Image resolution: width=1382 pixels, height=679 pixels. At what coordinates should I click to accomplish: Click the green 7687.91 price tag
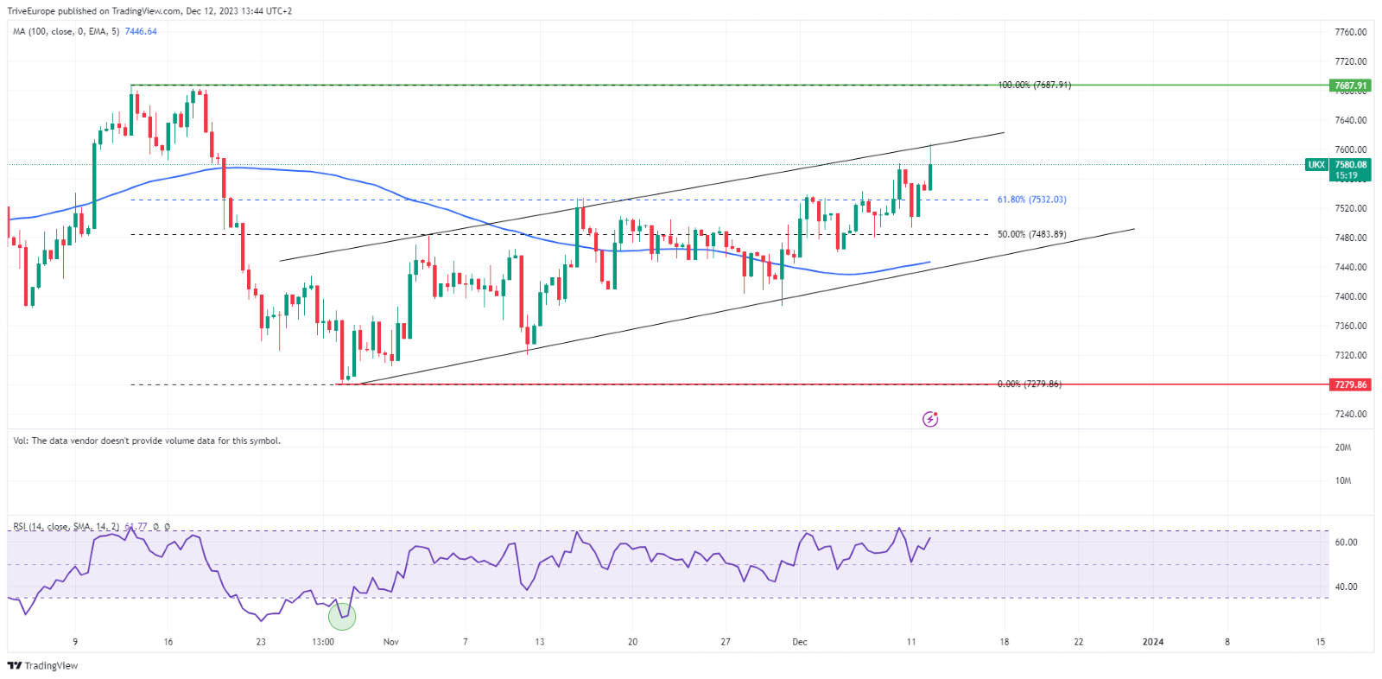coord(1350,86)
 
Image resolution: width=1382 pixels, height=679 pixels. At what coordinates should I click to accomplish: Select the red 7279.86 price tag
coord(1350,384)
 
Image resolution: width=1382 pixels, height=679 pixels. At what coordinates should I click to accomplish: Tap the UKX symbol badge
coord(1315,165)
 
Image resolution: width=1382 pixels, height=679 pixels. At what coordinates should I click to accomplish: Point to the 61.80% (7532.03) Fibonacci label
coord(1031,200)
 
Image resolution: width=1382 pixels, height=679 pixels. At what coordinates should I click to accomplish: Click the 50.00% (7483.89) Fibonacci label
coord(1031,234)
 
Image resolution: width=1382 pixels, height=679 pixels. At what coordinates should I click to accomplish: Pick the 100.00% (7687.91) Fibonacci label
coord(1034,86)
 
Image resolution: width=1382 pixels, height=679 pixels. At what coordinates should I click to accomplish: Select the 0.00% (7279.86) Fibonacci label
coord(1029,384)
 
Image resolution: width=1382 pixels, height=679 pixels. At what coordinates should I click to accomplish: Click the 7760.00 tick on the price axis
coord(1350,32)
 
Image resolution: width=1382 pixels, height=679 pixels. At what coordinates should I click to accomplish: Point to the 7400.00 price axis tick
coord(1350,296)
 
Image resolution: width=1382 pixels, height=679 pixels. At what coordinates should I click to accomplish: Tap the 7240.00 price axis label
coord(1350,414)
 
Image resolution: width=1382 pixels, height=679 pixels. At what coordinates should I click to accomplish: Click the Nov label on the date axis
coord(391,642)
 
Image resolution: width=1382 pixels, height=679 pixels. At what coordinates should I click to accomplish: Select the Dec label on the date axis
coord(800,642)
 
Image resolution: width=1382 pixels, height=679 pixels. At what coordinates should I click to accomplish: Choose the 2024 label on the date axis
coord(1153,642)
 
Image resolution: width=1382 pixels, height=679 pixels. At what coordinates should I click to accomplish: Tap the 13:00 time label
coord(323,642)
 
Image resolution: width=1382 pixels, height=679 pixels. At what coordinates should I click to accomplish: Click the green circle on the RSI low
coord(342,616)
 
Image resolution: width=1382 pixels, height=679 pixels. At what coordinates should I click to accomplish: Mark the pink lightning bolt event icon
coord(930,419)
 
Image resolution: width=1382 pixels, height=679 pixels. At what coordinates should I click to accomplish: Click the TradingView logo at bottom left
coord(42,665)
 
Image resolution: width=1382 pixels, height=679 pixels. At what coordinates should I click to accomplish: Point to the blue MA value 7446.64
coord(141,31)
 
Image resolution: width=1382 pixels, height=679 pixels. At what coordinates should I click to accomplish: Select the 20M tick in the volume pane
coord(1342,447)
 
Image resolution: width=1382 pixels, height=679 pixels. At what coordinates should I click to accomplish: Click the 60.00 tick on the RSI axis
coord(1346,543)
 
